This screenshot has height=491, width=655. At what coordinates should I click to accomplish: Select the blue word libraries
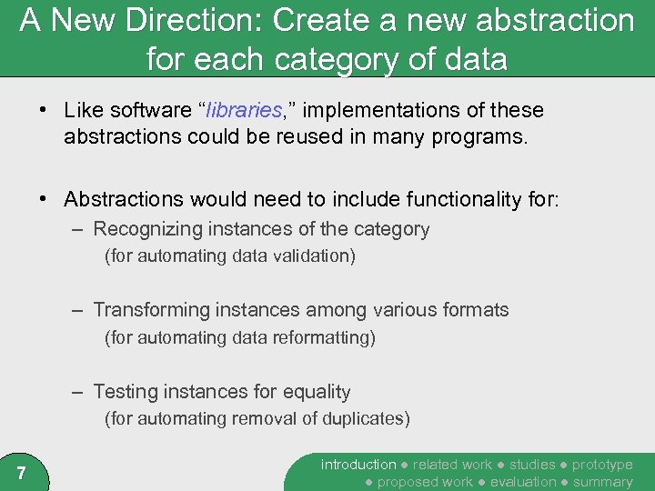244,111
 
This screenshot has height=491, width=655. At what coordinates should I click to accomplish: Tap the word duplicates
365,419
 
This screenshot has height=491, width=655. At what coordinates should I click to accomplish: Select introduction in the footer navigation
358,465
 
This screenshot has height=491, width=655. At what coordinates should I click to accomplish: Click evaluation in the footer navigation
523,482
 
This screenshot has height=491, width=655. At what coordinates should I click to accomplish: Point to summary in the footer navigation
602,482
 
